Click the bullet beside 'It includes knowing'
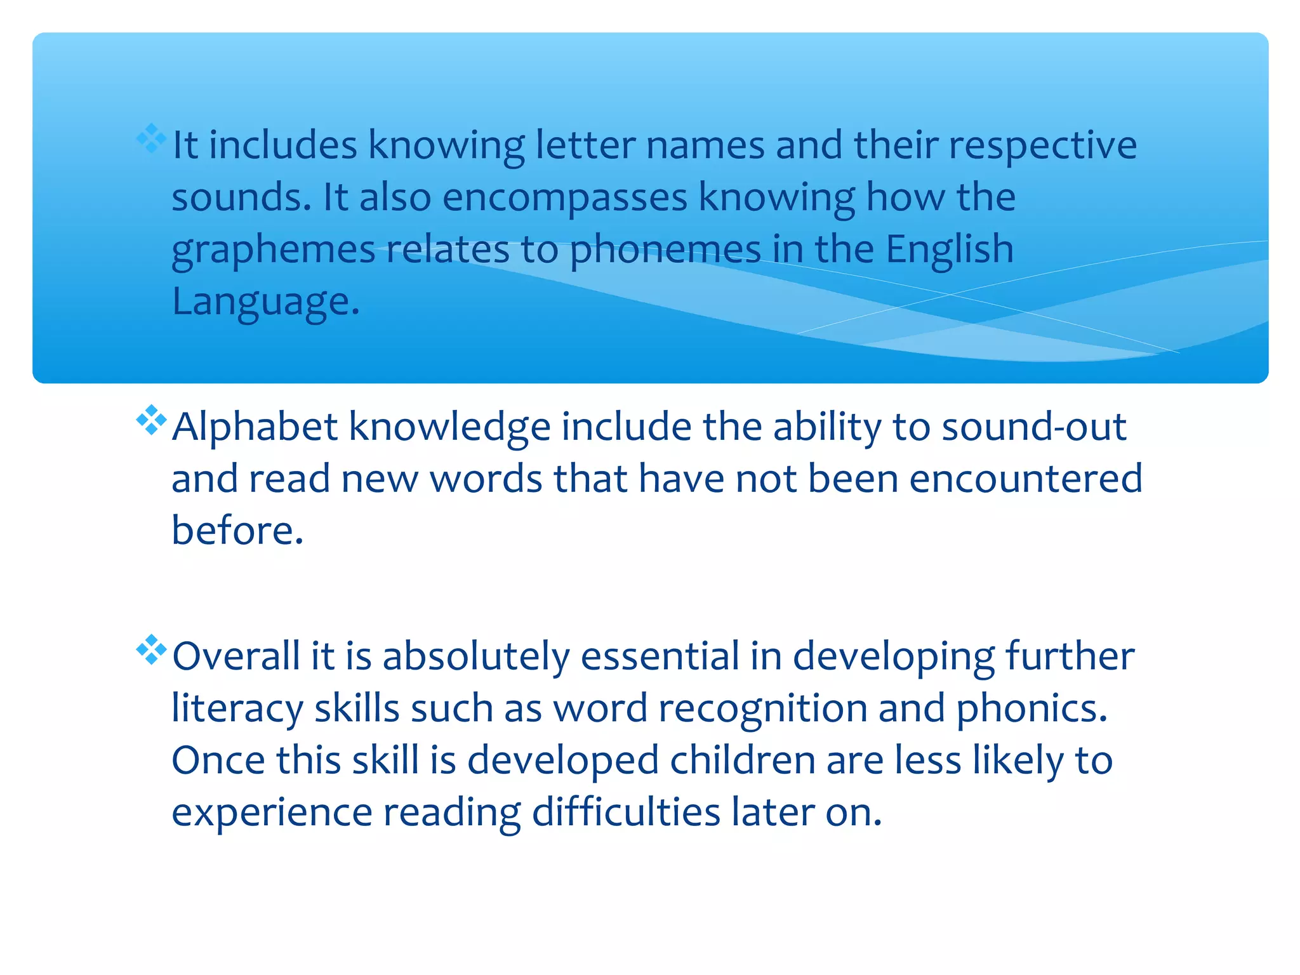[x=151, y=138]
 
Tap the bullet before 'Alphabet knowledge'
[x=151, y=420]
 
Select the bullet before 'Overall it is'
[x=151, y=649]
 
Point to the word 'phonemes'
[x=665, y=249]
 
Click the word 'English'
[x=950, y=249]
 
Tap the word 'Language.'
[x=266, y=302]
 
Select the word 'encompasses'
[x=565, y=198]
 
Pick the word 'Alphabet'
[x=255, y=427]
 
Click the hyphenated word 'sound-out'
[x=1034, y=427]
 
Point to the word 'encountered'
[x=1025, y=479]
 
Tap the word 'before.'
[x=237, y=531]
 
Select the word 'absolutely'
[x=476, y=656]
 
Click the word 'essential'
[x=660, y=656]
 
